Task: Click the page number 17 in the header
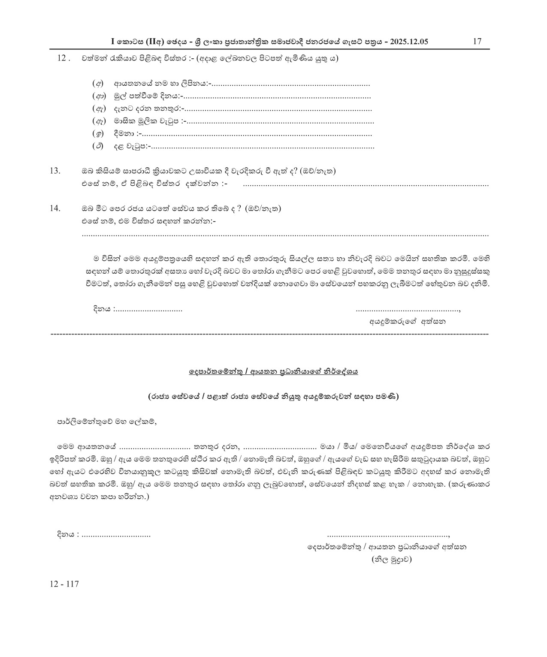(477, 42)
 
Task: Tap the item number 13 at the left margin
(55, 171)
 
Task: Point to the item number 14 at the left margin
(55, 209)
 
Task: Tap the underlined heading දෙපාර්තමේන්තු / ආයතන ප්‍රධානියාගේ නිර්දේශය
(273, 371)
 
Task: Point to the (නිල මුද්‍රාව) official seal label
(391, 559)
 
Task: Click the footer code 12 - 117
(64, 584)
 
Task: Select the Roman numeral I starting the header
(113, 42)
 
